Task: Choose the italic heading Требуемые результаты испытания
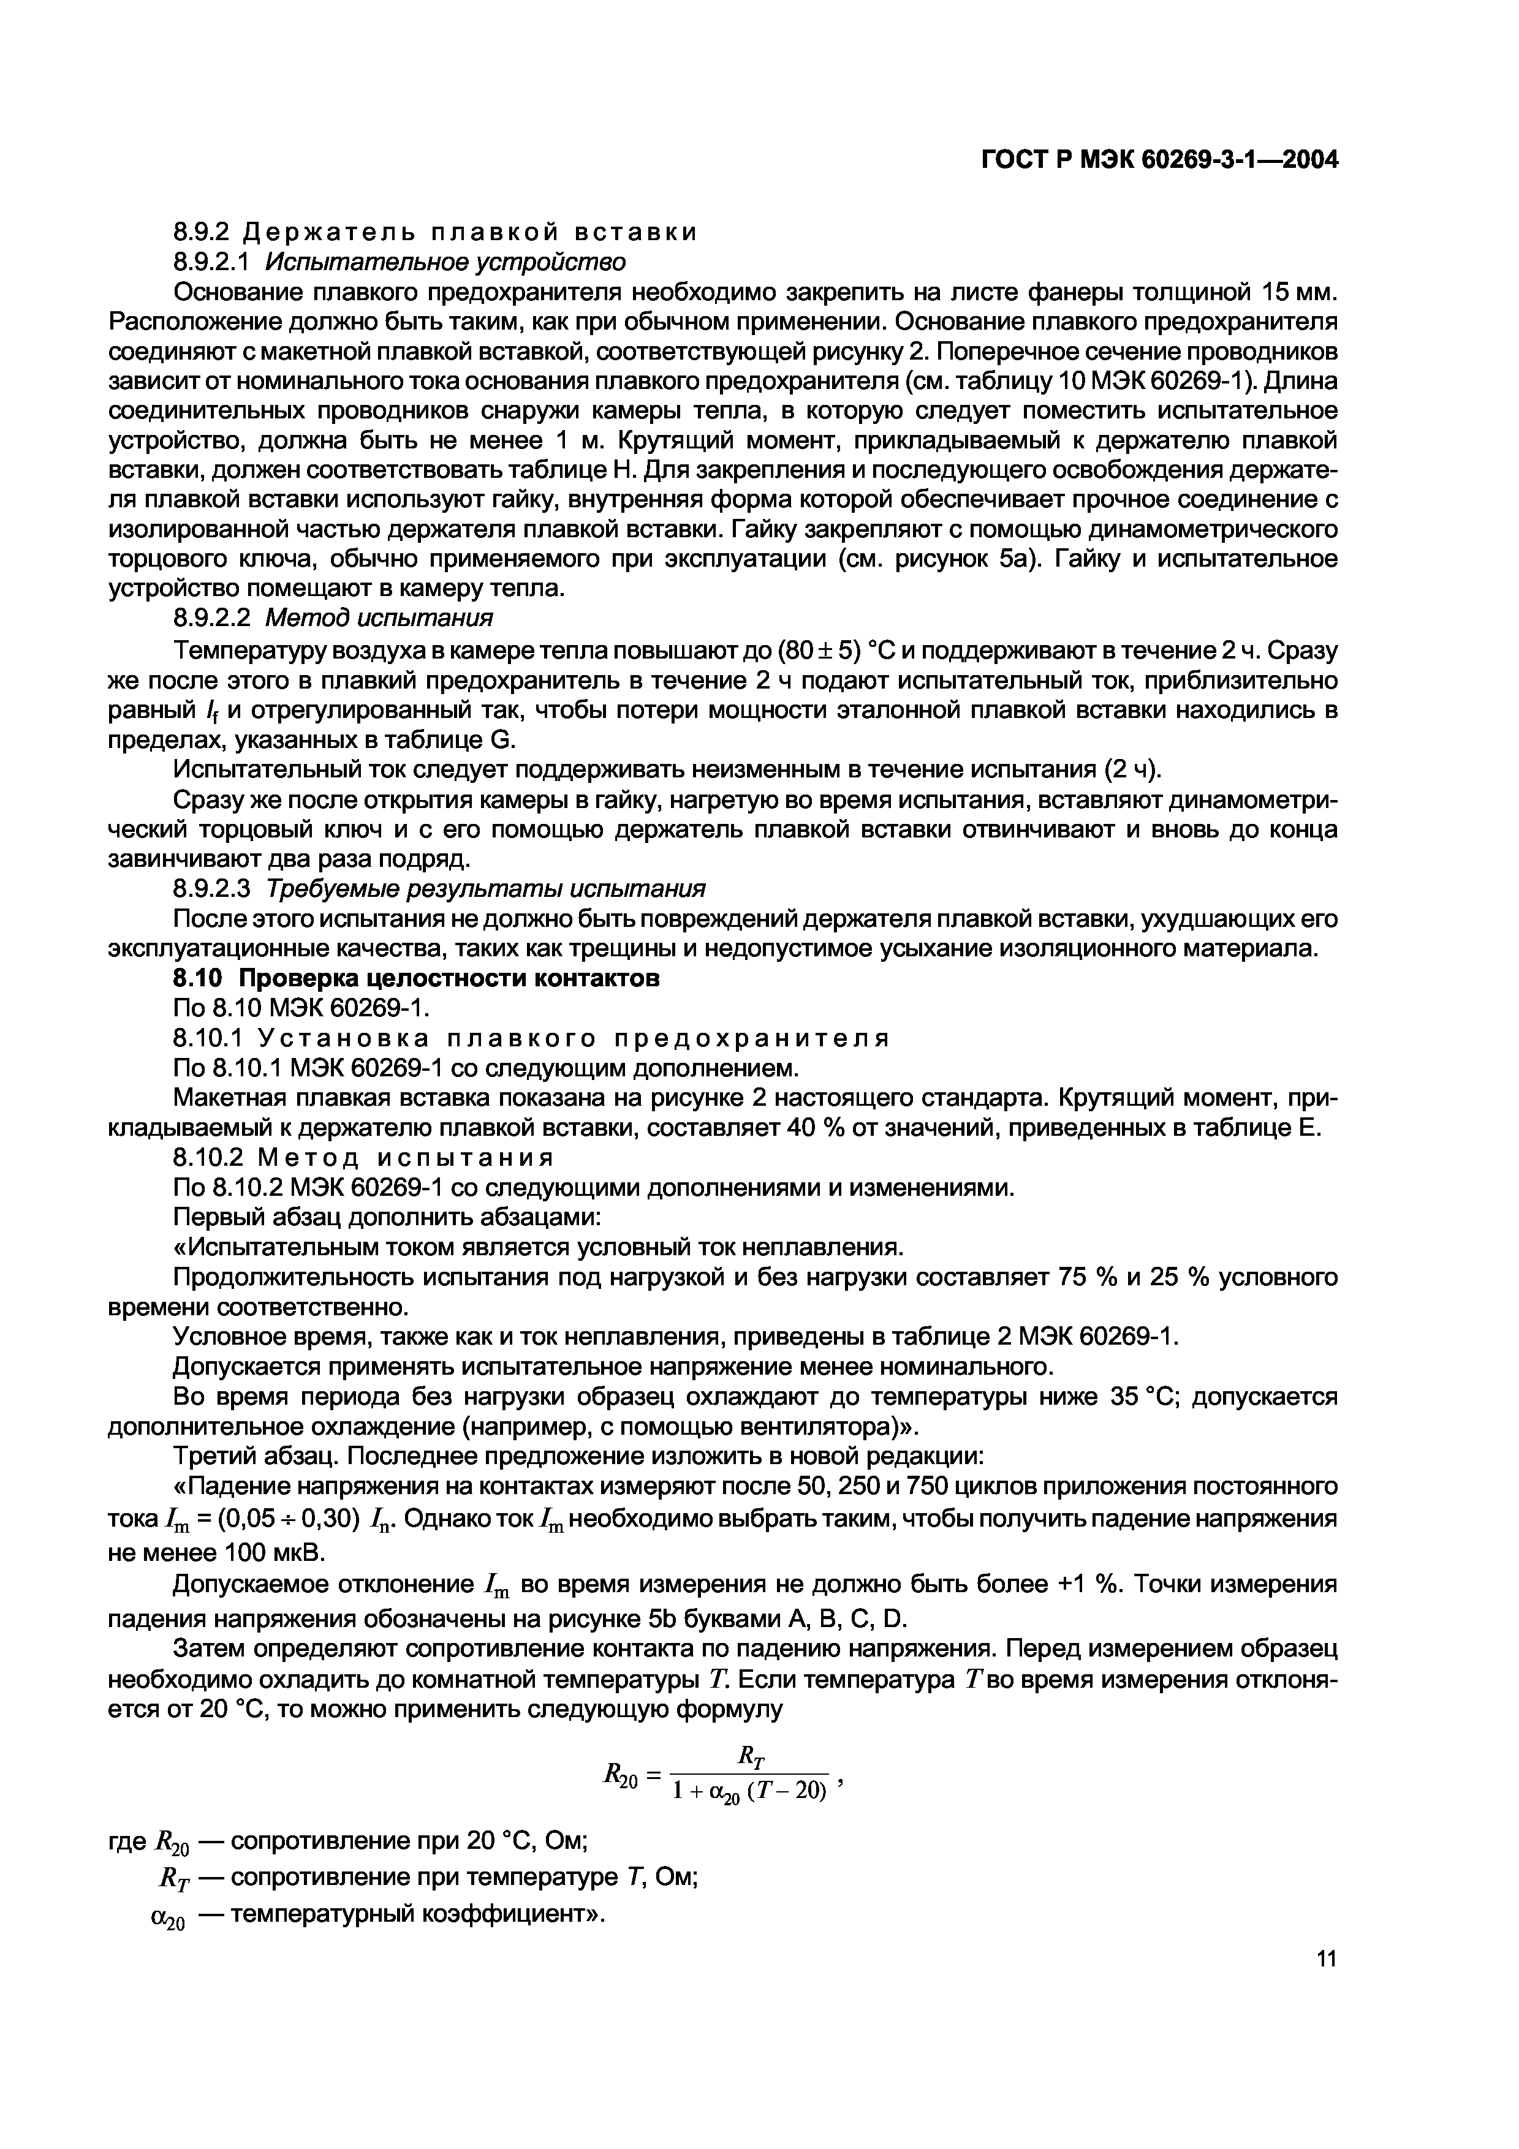pos(486,887)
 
